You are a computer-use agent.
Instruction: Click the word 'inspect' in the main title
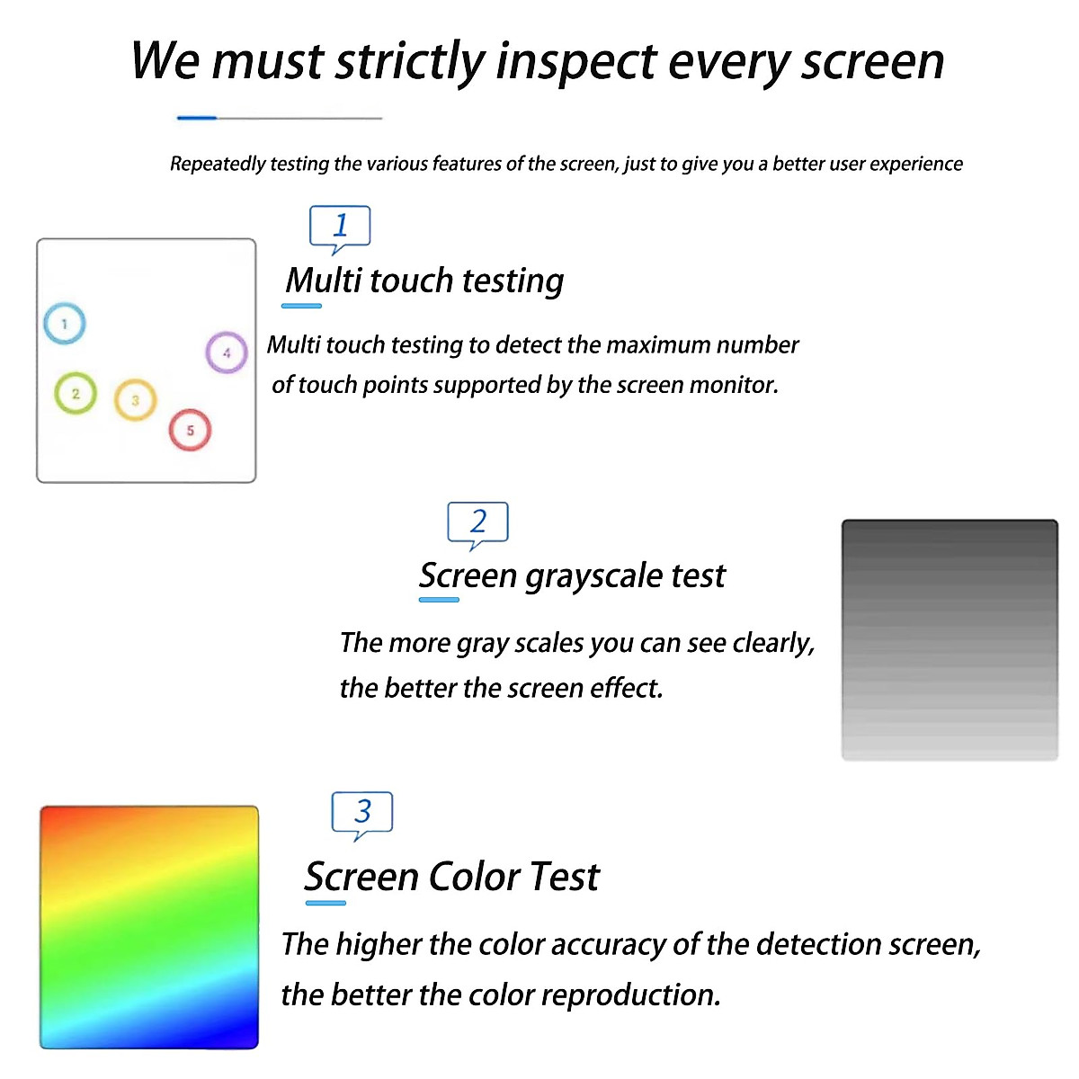576,63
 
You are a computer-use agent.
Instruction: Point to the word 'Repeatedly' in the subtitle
218,164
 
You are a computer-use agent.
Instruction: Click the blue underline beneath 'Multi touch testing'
301,306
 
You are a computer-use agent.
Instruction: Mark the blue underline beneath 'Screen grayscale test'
439,600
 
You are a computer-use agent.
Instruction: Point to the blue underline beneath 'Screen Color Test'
325,903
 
